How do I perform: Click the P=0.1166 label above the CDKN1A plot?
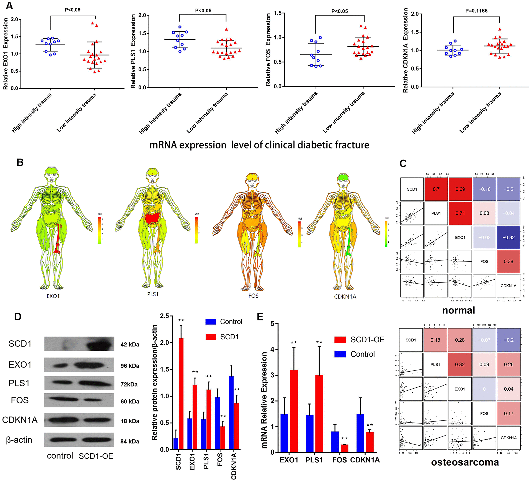point(476,11)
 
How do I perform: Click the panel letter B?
point(20,162)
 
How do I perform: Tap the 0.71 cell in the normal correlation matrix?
point(460,213)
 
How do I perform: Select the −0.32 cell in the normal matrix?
point(508,237)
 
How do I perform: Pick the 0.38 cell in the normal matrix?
point(508,261)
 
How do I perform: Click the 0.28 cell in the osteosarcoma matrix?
point(460,340)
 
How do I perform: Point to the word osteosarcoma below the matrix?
point(465,462)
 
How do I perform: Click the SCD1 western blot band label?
point(20,344)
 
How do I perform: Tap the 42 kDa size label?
point(130,344)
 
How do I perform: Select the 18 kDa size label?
point(130,421)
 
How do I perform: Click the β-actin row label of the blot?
point(19,440)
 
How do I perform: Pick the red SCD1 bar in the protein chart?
point(181,394)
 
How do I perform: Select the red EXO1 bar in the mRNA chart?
point(294,411)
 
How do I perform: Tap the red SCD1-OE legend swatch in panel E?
point(340,340)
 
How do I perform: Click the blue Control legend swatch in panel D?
point(210,322)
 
